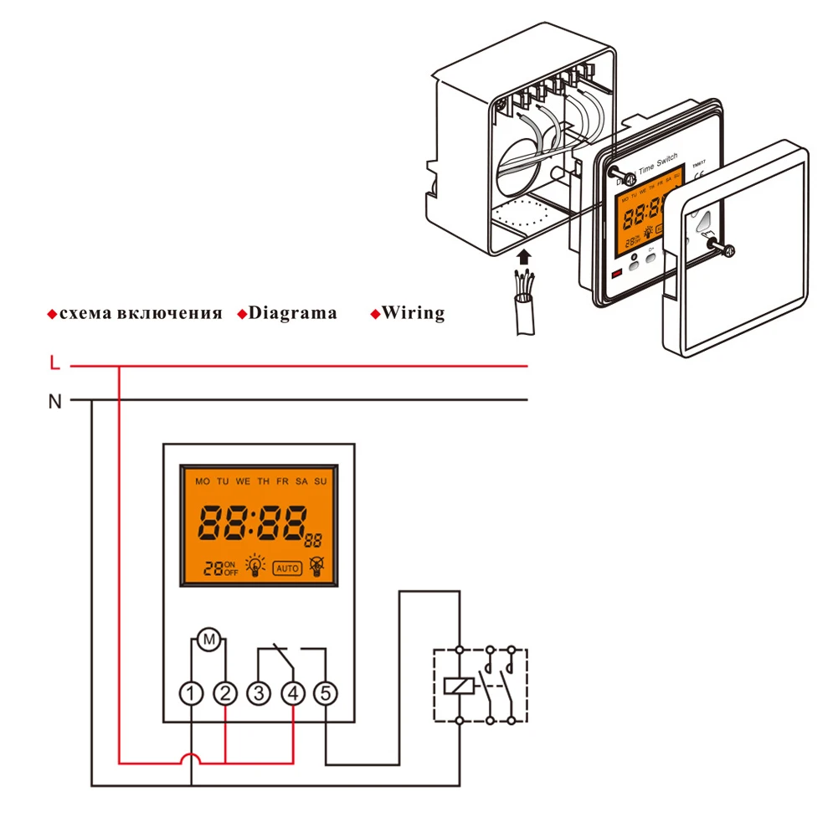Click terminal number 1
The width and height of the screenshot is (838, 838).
193,693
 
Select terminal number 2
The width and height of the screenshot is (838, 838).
226,693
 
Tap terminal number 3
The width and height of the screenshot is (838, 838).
260,693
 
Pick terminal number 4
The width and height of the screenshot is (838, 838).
293,693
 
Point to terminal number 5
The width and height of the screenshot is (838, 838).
326,693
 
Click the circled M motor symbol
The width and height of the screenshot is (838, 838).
210,640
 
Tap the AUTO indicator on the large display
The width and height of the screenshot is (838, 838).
286,568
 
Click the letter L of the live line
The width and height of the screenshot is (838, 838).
54,363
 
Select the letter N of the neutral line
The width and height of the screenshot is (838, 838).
54,401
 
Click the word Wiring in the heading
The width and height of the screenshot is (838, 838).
413,313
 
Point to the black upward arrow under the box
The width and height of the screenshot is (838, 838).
525,254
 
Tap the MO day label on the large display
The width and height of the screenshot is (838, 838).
202,482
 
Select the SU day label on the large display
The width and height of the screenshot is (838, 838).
320,482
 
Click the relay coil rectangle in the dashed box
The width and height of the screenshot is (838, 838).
460,686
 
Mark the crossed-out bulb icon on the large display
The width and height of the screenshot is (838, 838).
316,567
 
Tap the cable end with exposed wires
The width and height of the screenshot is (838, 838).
525,289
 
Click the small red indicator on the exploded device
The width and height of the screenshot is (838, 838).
617,275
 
